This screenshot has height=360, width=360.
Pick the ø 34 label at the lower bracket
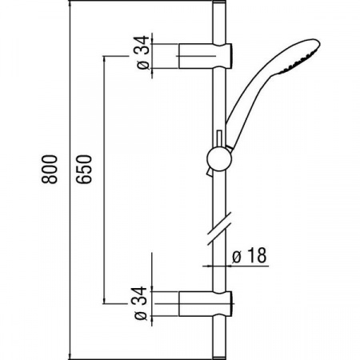pyautogui.click(x=142, y=305)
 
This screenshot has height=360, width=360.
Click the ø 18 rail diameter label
pyautogui.click(x=249, y=255)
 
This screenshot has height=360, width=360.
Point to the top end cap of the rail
pyautogui.click(x=217, y=11)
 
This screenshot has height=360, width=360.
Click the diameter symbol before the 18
pyautogui.click(x=238, y=255)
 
